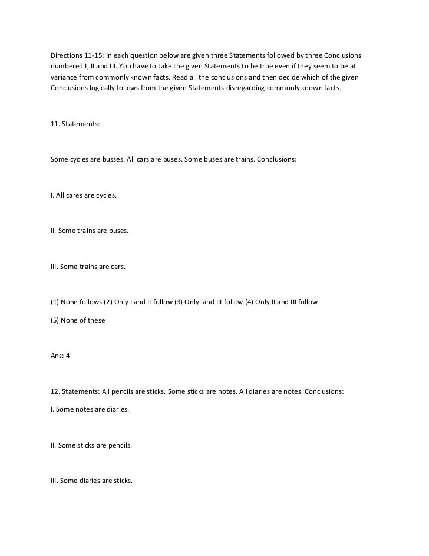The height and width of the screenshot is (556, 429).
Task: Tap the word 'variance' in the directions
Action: [64, 77]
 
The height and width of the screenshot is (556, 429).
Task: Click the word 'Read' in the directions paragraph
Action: [173, 77]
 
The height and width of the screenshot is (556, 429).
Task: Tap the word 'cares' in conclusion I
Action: [75, 195]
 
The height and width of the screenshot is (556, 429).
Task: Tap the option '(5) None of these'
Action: [78, 320]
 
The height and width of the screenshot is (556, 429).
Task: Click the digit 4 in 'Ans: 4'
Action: [68, 356]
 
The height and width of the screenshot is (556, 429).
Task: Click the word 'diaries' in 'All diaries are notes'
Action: [260, 391]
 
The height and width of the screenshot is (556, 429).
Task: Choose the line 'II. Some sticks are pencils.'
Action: [91, 445]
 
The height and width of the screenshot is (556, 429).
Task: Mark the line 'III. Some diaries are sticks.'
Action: [92, 481]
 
